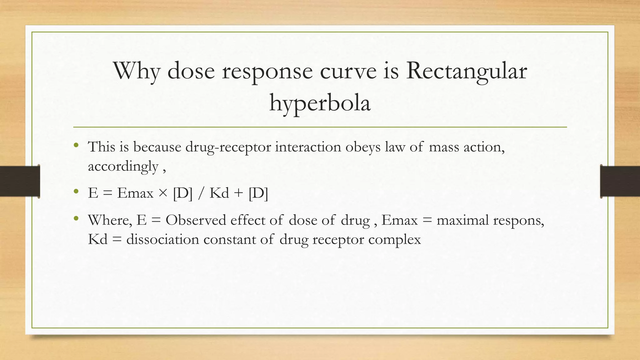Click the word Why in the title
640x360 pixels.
point(137,71)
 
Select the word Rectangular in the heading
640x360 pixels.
point(466,71)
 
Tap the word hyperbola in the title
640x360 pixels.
point(320,103)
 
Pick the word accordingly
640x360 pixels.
point(123,166)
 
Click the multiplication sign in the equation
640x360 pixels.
point(163,193)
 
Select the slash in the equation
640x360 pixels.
point(200,193)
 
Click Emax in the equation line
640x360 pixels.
point(135,193)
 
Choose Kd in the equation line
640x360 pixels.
point(219,193)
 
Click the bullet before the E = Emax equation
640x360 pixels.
point(76,192)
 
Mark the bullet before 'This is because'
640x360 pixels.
point(76,145)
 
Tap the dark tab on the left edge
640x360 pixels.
point(20,181)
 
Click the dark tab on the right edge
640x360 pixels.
point(620,181)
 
